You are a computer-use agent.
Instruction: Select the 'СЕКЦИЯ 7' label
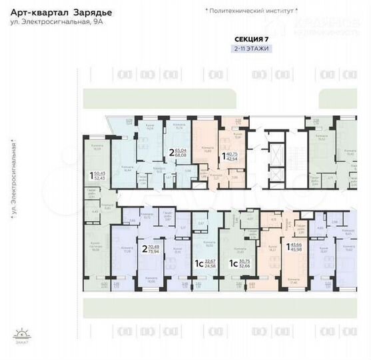click(x=252, y=39)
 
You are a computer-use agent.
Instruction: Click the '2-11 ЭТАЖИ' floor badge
click(x=252, y=49)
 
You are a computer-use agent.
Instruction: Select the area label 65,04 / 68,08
click(x=178, y=153)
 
